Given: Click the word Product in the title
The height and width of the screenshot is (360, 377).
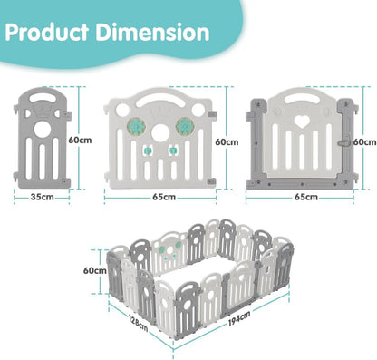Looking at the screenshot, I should click(x=55, y=33).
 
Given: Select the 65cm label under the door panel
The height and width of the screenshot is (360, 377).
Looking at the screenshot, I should click(x=305, y=196).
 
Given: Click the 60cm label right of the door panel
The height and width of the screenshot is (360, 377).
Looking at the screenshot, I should click(x=364, y=141).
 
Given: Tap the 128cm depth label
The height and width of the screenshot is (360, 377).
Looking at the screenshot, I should click(x=137, y=323).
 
